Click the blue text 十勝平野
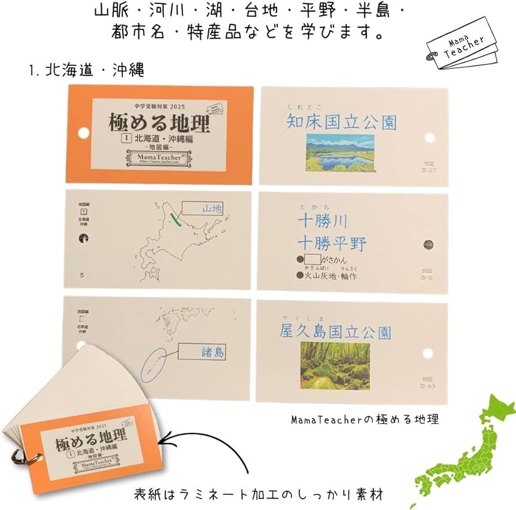(x=332, y=243)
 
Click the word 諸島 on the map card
(x=213, y=351)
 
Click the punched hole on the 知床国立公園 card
(x=429, y=137)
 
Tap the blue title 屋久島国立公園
(x=335, y=332)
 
